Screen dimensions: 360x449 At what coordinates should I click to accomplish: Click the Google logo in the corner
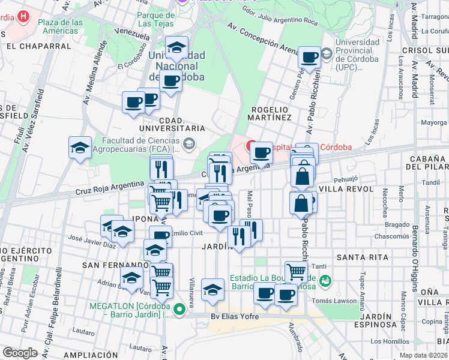pyautogui.click(x=19, y=353)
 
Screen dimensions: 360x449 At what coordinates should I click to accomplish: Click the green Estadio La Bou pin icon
pyautogui.click(x=325, y=280)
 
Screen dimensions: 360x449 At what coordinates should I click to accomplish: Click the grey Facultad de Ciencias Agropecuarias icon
pyautogui.click(x=189, y=142)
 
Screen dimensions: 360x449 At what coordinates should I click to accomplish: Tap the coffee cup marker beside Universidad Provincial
pyautogui.click(x=309, y=58)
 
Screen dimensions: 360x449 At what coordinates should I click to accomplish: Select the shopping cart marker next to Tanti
pyautogui.click(x=296, y=272)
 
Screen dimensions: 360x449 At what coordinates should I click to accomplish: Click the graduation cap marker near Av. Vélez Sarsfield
pyautogui.click(x=80, y=148)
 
